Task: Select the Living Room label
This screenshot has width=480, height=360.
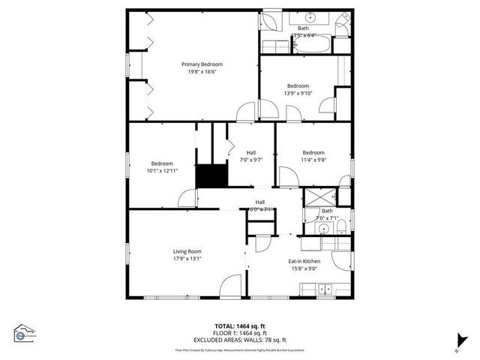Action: pos(187,251)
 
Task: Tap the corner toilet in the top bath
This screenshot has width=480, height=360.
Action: pos(343,22)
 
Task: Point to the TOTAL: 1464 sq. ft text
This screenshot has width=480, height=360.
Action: pos(239,326)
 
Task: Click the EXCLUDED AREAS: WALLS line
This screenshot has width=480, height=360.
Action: pos(239,338)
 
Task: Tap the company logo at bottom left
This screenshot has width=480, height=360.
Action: pos(24,333)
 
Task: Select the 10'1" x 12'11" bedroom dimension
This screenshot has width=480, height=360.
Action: pos(162,171)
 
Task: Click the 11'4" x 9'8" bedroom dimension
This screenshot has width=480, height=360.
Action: pos(313,159)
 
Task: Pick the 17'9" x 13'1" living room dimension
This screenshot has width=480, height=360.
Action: pos(187,259)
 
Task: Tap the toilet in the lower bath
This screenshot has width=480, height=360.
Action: pos(340,226)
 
